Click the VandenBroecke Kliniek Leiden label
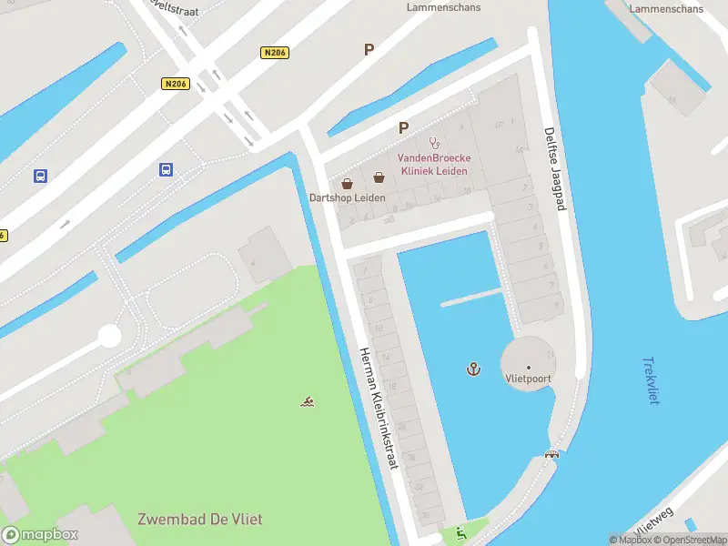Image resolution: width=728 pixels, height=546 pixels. (432, 164)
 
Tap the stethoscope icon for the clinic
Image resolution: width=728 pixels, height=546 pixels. (434, 143)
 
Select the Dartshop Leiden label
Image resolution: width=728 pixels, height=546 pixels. (347, 197)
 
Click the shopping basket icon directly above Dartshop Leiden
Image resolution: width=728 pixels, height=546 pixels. (347, 182)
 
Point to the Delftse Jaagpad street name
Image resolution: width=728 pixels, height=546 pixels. (554, 168)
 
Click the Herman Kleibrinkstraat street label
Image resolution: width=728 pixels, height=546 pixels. (379, 408)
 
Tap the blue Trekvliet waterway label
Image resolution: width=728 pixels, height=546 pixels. (651, 380)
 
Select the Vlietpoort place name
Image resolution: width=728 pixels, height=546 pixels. (528, 379)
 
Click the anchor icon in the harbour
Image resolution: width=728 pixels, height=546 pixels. (473, 368)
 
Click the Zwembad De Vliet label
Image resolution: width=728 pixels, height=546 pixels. (199, 519)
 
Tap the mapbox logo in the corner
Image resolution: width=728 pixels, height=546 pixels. (40, 535)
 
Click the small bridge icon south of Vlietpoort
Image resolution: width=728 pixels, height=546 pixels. (551, 453)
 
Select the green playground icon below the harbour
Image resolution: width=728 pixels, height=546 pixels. (460, 533)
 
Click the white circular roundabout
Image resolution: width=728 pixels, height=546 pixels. (109, 336)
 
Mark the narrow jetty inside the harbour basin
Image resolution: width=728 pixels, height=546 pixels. (471, 298)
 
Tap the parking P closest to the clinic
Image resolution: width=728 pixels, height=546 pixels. (402, 128)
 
